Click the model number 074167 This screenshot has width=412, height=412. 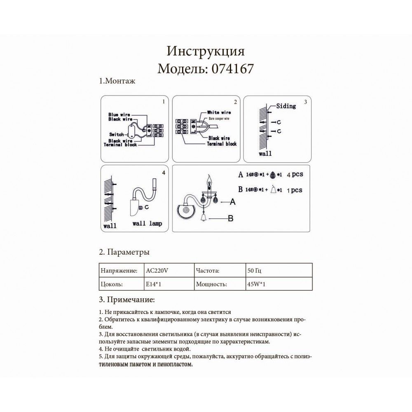click(x=232, y=69)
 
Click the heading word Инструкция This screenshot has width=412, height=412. click(x=206, y=51)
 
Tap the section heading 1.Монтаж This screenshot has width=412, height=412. click(x=117, y=81)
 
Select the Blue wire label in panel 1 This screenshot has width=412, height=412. click(x=119, y=115)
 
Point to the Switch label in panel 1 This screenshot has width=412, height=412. click(x=117, y=134)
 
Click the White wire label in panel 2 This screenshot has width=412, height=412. click(x=219, y=112)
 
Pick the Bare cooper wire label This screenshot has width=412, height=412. click(x=219, y=119)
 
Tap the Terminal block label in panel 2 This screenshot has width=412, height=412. click(x=222, y=144)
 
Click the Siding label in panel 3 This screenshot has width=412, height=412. click(x=286, y=106)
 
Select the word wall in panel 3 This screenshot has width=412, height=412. click(x=265, y=153)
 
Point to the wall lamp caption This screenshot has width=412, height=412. click(x=147, y=224)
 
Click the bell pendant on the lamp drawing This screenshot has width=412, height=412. click(x=204, y=217)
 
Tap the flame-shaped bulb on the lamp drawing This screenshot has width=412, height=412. click(x=209, y=179)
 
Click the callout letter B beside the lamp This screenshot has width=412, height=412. click(x=230, y=218)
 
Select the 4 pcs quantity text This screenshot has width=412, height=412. click(x=295, y=174)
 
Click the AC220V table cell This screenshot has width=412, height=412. click(x=157, y=271)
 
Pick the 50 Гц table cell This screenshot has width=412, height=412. click(x=254, y=271)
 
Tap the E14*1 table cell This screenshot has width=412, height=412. click(x=153, y=284)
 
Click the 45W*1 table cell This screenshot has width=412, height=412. click(x=256, y=284)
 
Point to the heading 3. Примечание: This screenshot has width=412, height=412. click(x=126, y=300)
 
